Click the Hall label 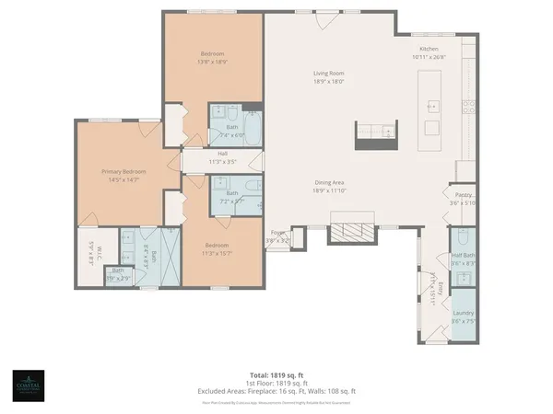pos(222,154)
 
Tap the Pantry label pos(463,195)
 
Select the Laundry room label pos(463,315)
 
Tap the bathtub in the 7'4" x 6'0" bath pos(253,123)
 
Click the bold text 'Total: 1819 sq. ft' pos(276,375)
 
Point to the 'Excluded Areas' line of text pos(276,392)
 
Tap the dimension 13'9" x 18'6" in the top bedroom pos(213,63)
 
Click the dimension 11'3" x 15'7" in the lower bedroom pos(218,253)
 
